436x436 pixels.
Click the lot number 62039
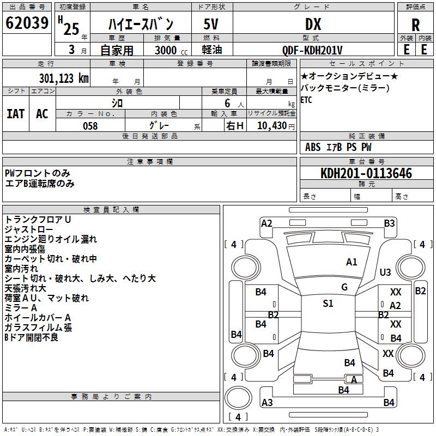pos(27,23)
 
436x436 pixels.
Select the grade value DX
pos(313,24)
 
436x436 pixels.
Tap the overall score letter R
pos(415,24)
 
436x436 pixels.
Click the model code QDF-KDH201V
pos(313,50)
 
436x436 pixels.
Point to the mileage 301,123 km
pos(64,78)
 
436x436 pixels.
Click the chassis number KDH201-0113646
pos(366,173)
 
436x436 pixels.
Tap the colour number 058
pos(90,126)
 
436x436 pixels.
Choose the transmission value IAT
pos(16,113)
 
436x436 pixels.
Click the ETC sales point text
pos(306,100)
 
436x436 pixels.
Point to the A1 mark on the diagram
pos(352,262)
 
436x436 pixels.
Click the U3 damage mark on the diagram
pos(385,272)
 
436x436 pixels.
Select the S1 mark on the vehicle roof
pos(328,304)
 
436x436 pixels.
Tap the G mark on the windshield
pos(344,287)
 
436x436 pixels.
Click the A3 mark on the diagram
pos(267,403)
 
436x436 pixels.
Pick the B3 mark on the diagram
pos(389,223)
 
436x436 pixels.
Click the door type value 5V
pos(211,24)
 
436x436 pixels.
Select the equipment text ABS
pos(313,147)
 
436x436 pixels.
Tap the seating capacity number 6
pos(226,102)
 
